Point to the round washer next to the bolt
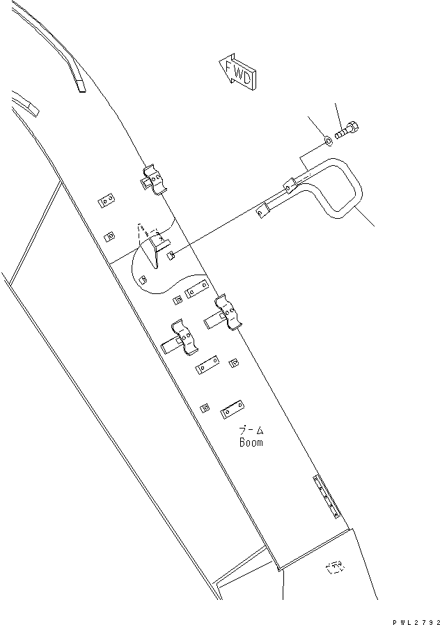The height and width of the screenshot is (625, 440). (327, 144)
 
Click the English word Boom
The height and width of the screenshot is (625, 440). (251, 442)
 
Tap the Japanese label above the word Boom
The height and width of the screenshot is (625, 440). (251, 431)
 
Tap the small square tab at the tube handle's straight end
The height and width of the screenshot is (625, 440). (262, 210)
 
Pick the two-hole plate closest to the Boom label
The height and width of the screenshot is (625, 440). (231, 411)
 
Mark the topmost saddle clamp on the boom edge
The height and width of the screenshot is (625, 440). (155, 180)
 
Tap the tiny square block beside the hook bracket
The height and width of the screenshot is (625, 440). (171, 258)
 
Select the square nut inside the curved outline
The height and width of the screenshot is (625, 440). (143, 281)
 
